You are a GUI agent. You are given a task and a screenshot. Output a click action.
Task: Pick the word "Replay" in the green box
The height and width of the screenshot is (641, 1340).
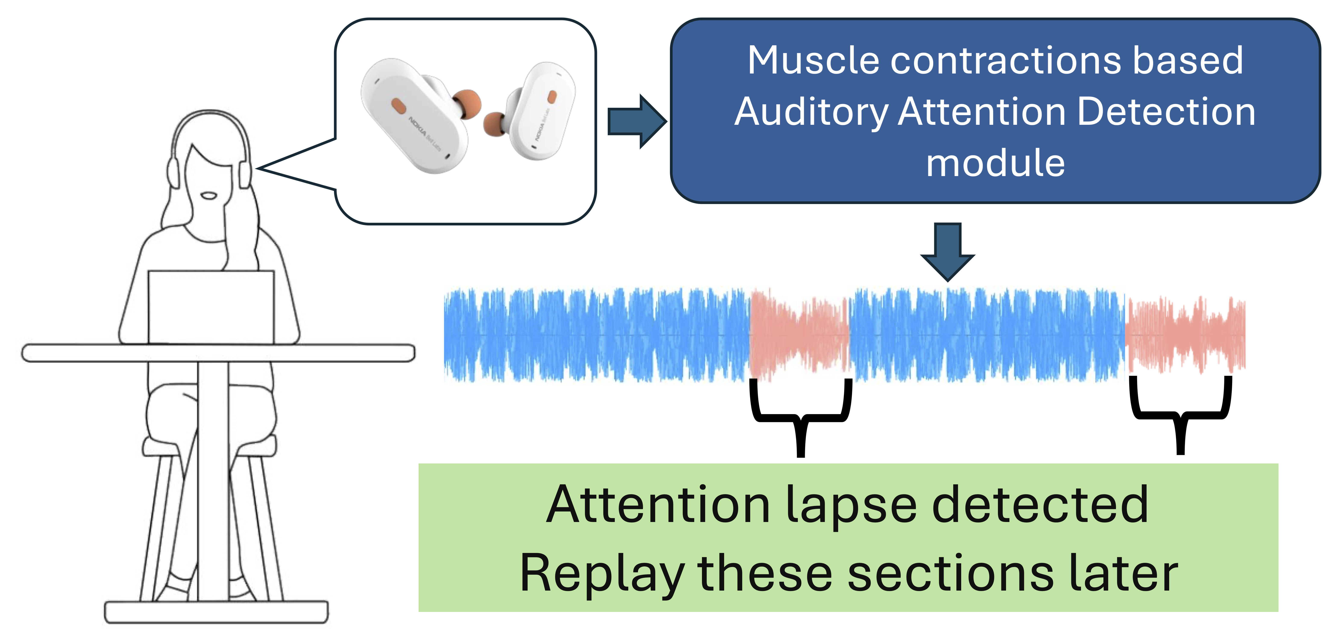point(602,574)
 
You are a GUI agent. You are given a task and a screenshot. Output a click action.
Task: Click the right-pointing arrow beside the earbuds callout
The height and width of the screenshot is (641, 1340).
point(637,121)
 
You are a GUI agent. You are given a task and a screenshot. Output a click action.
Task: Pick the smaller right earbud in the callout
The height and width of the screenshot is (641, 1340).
point(541,109)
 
